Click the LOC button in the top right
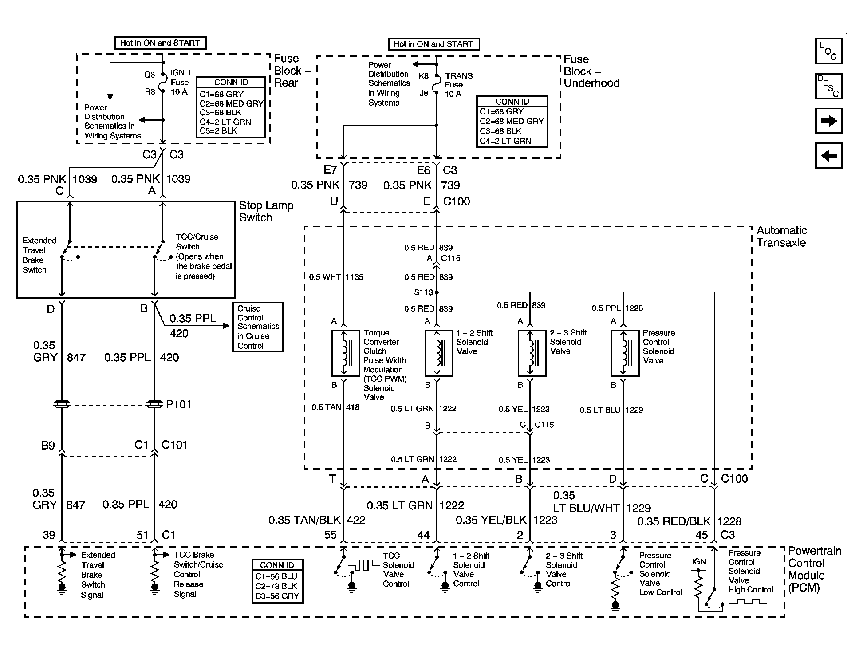click(828, 51)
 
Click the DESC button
click(828, 86)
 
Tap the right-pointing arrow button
click(828, 121)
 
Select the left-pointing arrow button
click(828, 156)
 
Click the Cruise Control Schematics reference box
click(258, 327)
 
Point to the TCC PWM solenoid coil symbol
click(346, 353)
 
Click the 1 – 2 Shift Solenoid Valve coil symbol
click(439, 353)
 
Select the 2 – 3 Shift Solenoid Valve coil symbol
click(532, 353)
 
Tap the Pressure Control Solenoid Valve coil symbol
click(625, 353)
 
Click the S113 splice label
click(423, 292)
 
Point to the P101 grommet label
click(178, 404)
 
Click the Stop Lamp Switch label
click(266, 211)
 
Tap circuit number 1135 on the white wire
click(355, 277)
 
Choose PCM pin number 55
click(331, 535)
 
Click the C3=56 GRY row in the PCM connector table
click(277, 596)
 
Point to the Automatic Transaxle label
click(782, 237)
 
